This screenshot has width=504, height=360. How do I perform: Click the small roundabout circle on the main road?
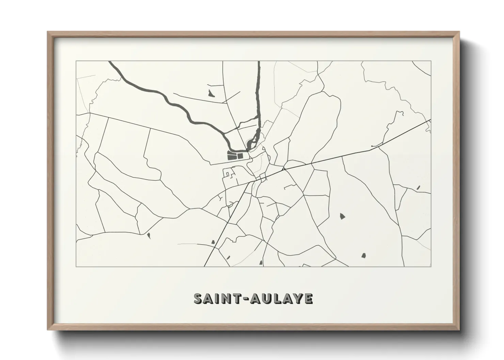[x=283, y=168]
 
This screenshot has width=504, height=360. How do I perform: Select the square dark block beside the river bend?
[x=240, y=156]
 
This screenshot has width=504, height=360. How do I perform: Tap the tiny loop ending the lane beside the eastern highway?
[x=372, y=147]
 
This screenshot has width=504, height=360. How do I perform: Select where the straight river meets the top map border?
[x=258, y=62]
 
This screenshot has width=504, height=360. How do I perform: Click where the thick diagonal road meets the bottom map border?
[x=205, y=266]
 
